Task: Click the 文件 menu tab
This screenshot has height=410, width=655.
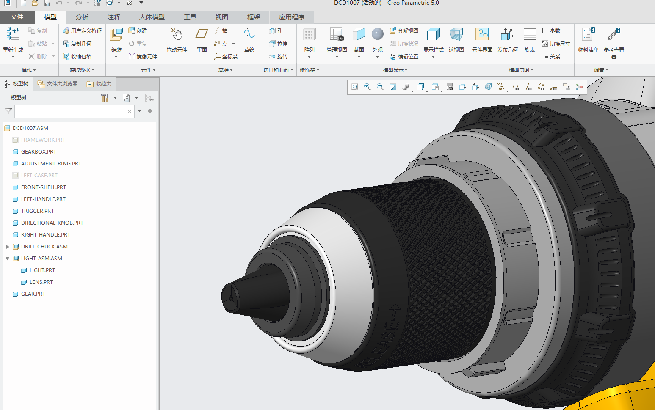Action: point(17,17)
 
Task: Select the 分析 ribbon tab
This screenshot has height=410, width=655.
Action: point(82,17)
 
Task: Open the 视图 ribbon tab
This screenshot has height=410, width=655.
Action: point(221,17)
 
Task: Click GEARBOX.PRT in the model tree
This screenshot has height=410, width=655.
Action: point(39,151)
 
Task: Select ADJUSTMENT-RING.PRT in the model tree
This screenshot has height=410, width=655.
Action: point(51,163)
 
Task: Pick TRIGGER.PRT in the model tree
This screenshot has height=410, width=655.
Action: point(37,211)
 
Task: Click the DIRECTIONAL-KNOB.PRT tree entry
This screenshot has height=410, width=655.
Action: point(52,223)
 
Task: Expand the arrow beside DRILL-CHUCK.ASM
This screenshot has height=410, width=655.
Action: point(8,246)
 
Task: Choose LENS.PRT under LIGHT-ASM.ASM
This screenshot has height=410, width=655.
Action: point(41,282)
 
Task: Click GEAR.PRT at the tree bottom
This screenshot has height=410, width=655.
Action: point(33,294)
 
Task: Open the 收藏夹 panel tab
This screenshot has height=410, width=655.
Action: point(99,84)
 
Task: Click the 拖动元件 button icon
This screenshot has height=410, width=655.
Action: point(177,35)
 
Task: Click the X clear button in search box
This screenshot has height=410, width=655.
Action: point(130,111)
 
